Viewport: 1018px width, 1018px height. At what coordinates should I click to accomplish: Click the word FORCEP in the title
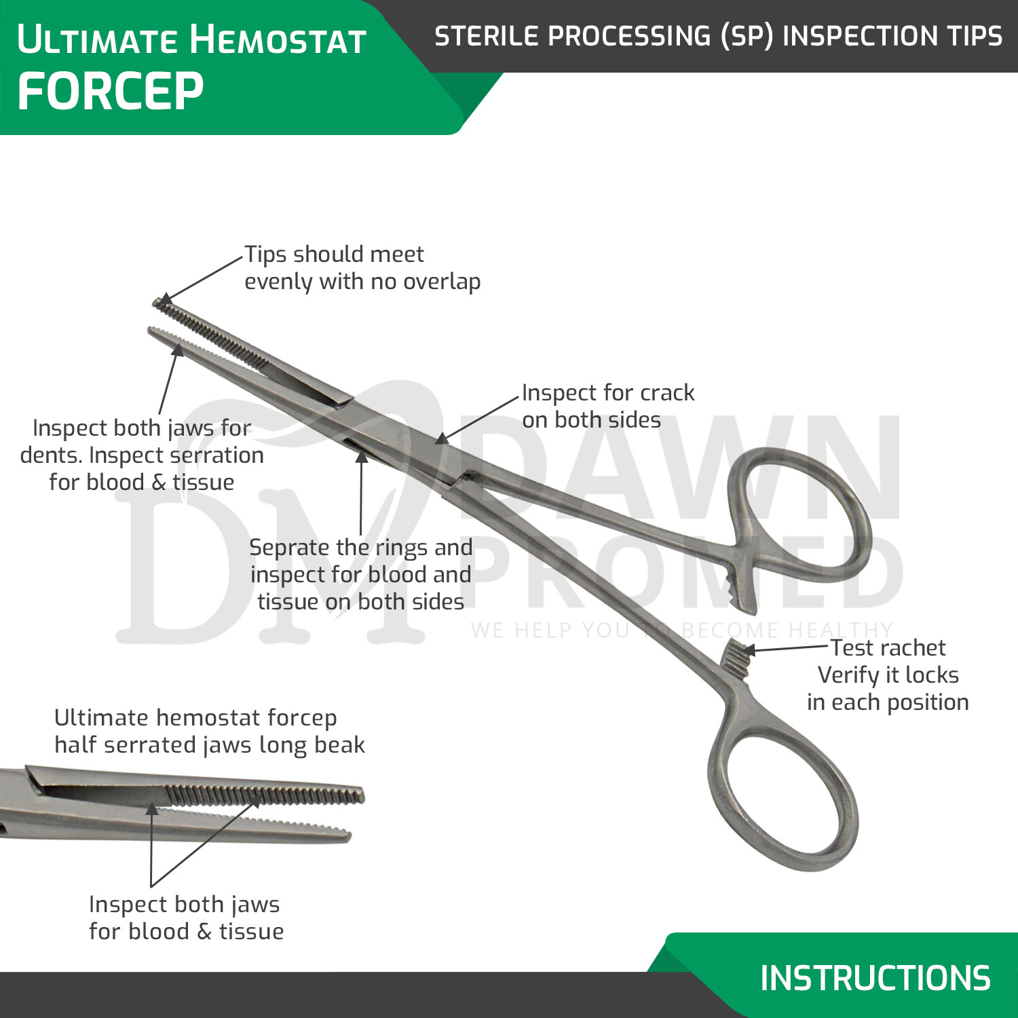coord(110,92)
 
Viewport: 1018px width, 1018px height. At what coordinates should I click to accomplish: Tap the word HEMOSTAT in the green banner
coord(278,39)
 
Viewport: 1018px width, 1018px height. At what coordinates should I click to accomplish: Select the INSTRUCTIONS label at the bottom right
coord(875,978)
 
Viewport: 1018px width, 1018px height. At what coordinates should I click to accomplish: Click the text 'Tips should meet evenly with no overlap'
coord(362,267)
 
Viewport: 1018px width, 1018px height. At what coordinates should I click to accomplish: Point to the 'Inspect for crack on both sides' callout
coord(607,406)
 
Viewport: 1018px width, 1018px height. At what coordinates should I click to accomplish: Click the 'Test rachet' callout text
coord(888,648)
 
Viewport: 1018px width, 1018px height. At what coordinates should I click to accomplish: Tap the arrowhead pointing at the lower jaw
coord(178,349)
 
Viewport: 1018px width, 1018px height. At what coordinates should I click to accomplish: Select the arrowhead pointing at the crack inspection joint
coord(442,439)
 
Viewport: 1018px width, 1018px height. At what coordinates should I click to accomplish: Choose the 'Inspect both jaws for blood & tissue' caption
coord(186,918)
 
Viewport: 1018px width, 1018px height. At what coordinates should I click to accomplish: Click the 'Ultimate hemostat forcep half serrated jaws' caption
coord(209,732)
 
